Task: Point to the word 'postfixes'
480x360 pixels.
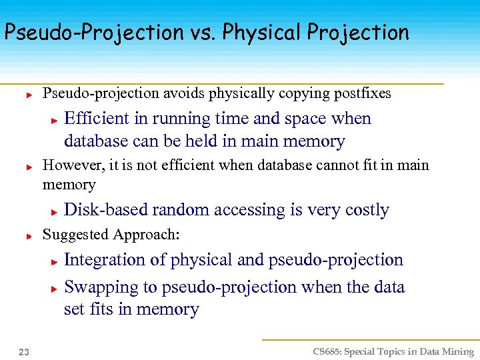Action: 363,93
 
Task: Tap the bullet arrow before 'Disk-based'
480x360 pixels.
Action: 55,211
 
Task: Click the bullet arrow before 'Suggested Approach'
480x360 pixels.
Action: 29,236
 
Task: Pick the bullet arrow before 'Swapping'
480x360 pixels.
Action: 55,289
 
